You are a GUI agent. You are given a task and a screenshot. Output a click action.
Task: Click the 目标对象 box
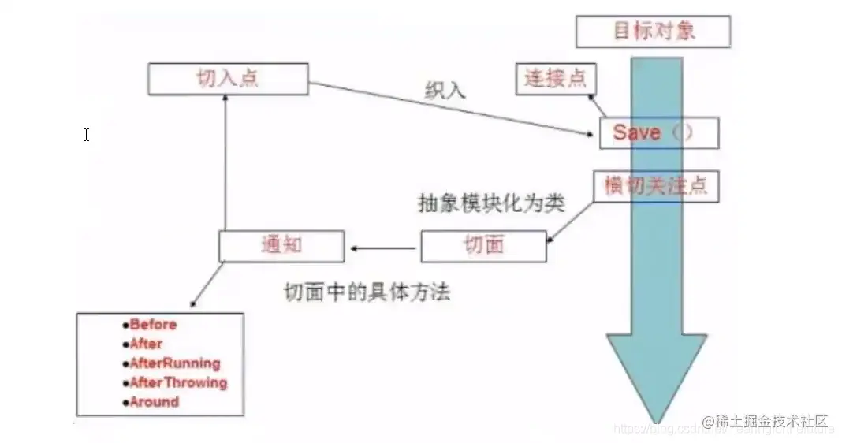pos(653,32)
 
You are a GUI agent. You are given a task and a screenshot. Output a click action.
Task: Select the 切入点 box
pos(227,79)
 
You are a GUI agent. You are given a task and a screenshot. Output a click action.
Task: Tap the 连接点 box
pos(556,79)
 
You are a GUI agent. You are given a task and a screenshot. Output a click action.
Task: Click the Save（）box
pos(658,132)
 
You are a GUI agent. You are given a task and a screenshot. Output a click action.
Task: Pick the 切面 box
pos(482,246)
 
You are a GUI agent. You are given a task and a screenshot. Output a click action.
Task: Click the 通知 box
pos(281,246)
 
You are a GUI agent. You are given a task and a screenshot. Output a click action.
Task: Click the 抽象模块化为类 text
pos(490,203)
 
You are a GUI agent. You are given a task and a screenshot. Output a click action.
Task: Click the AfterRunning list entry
pos(175,363)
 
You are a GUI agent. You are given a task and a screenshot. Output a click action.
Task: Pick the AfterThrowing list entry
pos(178,383)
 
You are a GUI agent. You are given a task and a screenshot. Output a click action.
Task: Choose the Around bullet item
pos(155,402)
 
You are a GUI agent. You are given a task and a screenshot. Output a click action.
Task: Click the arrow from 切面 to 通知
pos(384,248)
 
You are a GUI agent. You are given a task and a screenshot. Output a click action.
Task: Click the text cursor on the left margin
pos(86,135)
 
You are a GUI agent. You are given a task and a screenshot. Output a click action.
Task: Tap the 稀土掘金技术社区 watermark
pos(764,420)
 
